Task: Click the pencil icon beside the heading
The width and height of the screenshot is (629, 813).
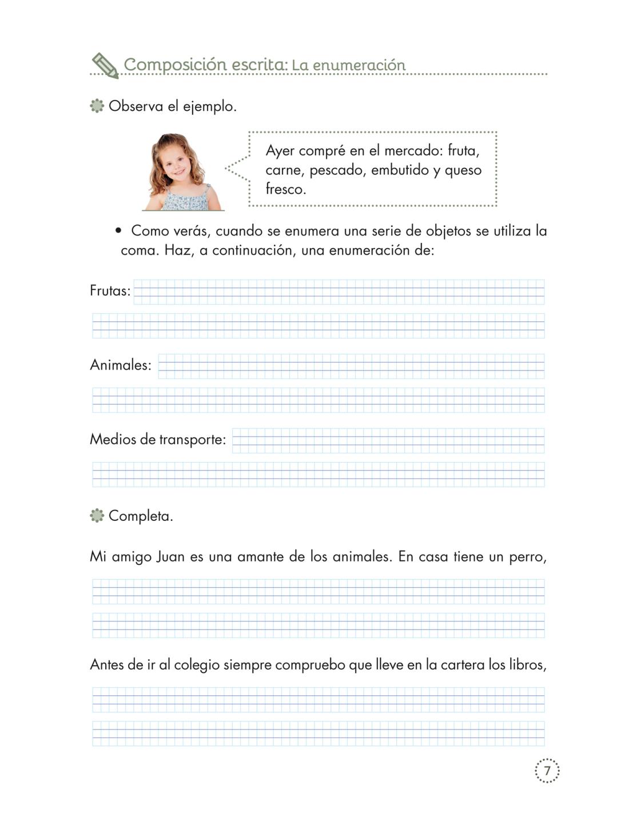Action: tap(105, 65)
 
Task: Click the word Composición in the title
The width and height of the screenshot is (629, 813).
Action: tap(175, 65)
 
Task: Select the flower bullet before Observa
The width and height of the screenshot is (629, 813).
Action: tap(97, 106)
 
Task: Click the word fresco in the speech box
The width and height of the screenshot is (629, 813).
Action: tap(286, 189)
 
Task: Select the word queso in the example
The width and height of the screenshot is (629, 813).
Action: tap(463, 170)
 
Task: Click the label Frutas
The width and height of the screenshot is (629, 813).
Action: tap(110, 291)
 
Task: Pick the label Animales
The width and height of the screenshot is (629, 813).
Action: tap(121, 365)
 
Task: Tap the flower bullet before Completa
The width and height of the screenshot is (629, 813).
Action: tap(97, 516)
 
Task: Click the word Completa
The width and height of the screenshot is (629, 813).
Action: tap(141, 516)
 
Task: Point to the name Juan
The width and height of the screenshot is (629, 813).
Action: tap(170, 556)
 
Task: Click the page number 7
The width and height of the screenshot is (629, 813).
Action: tap(547, 771)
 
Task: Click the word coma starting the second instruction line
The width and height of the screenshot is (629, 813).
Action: tap(138, 250)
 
